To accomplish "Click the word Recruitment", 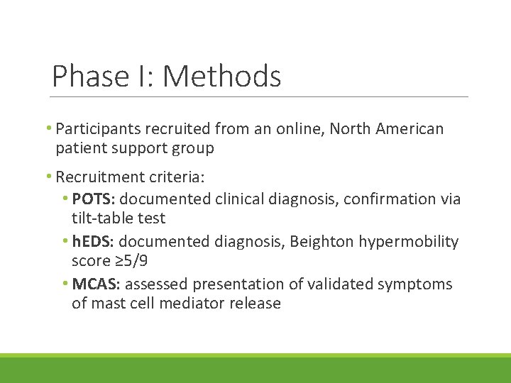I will point(101,176).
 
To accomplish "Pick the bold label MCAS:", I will point(97,284).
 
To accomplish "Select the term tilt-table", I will point(104,218).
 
